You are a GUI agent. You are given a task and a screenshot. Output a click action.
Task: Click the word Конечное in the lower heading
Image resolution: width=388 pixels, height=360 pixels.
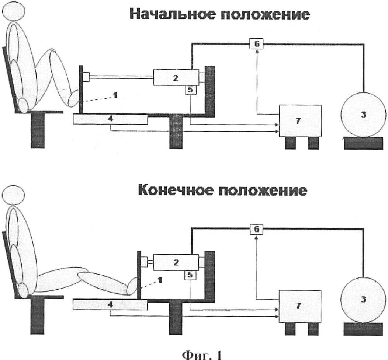[x=175, y=191]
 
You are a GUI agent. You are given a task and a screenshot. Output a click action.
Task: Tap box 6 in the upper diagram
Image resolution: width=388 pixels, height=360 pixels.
[x=257, y=44]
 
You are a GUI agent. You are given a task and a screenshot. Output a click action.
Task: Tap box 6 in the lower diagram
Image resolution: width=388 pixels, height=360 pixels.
[x=257, y=230]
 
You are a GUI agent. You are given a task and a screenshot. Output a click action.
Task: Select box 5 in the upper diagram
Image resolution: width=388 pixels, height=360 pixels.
[x=190, y=90]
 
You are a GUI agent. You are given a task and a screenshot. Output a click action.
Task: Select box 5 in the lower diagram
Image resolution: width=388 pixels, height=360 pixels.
[x=190, y=275]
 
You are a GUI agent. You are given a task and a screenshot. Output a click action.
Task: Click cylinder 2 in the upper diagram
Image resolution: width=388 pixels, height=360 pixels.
[x=176, y=77]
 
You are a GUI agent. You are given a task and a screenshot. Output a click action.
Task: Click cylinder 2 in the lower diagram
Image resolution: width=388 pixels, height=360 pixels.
[x=176, y=262]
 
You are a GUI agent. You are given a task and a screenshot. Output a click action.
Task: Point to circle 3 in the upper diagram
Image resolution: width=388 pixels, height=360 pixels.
[x=363, y=115]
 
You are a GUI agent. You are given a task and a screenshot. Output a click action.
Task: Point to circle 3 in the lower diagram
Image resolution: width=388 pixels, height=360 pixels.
[x=363, y=300]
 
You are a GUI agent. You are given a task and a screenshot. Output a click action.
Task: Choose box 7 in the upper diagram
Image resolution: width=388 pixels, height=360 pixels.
[x=300, y=120]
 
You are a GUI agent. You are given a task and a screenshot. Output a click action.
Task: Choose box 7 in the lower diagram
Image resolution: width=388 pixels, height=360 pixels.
[x=300, y=306]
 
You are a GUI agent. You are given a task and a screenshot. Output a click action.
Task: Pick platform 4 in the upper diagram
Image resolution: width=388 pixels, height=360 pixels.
[x=110, y=119]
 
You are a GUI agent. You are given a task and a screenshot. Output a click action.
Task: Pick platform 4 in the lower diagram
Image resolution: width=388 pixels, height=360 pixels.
[x=110, y=304]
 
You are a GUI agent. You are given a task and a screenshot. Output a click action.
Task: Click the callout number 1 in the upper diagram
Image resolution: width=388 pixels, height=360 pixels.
[x=115, y=95]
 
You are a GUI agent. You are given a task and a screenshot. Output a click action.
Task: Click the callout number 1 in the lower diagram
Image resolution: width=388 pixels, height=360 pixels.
[x=160, y=280]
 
